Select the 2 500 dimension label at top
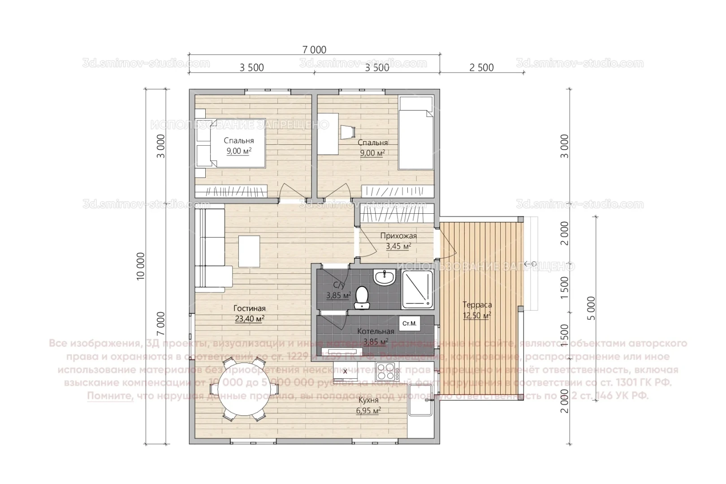coord(481,68)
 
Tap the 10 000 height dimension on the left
coord(141,266)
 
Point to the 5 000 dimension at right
coord(591,308)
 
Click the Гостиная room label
coord(249,309)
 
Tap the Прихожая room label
coord(398,236)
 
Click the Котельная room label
coord(375,332)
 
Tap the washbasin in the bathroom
coord(384,277)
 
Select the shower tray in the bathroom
coord(418,289)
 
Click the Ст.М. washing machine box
coord(409,323)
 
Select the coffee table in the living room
coord(249,251)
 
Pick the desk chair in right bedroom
coord(347,132)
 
